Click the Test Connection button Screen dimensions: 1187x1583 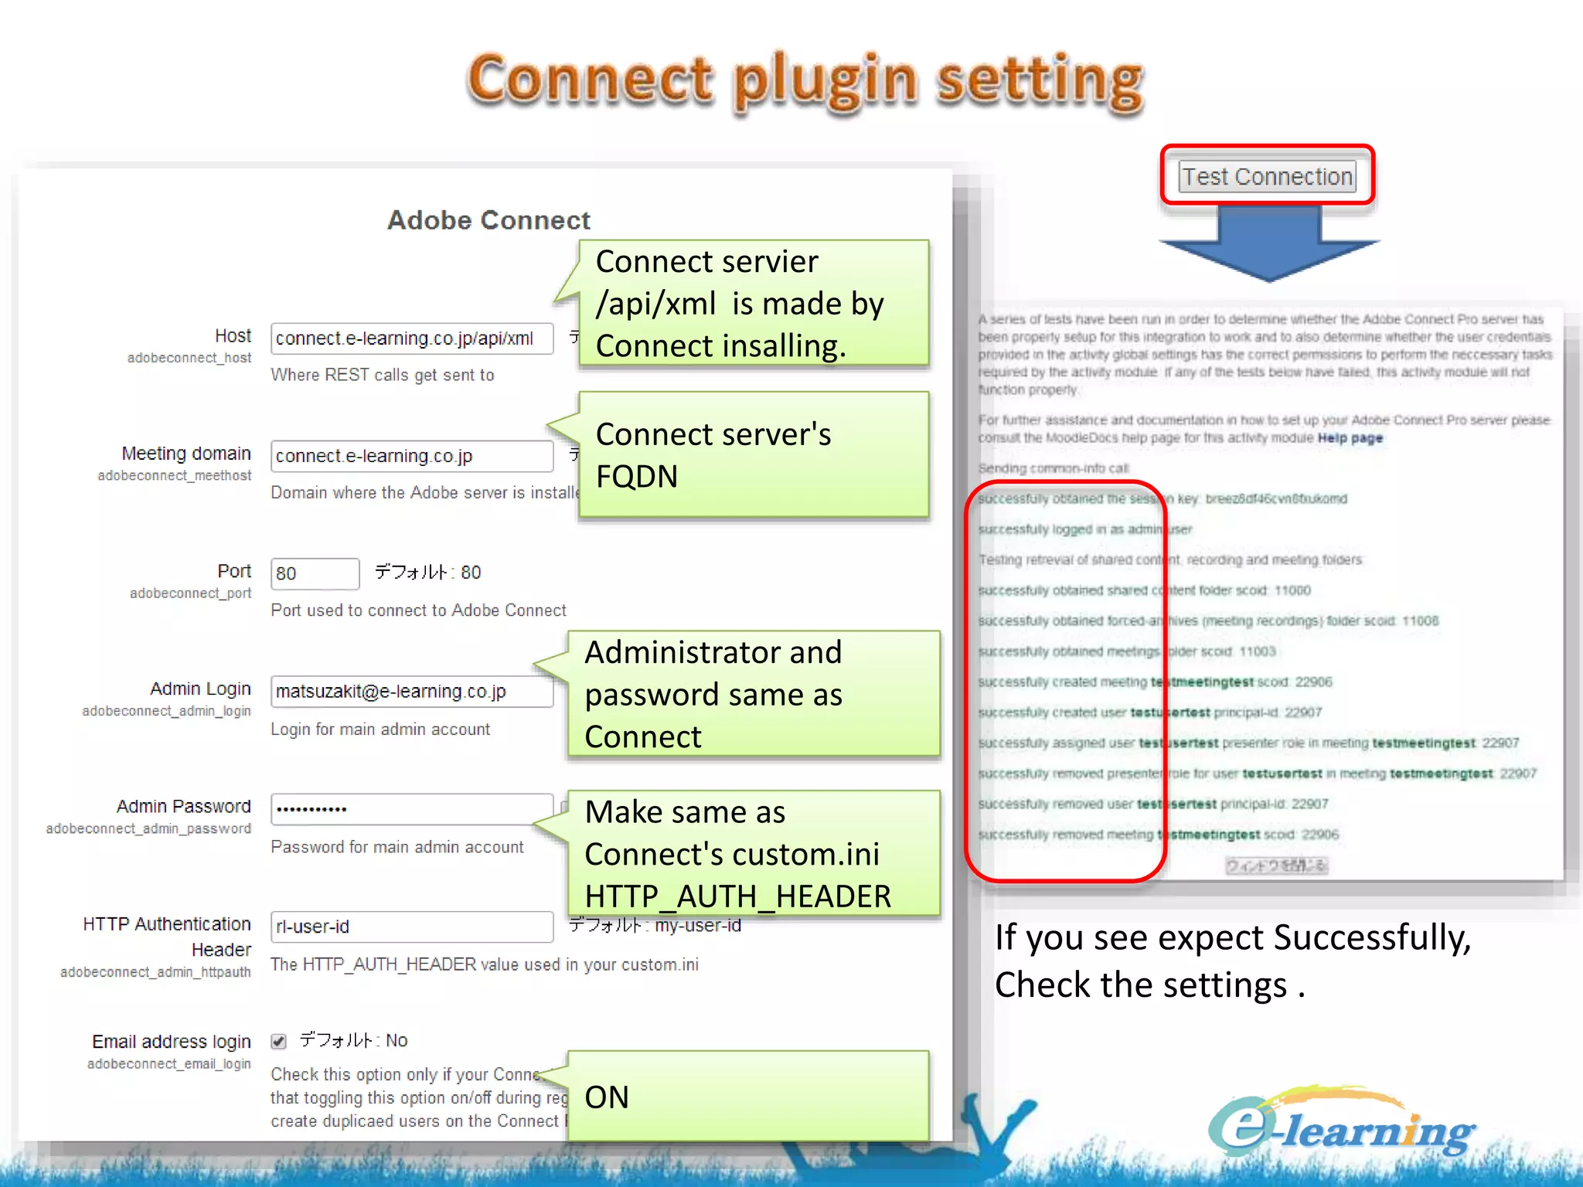(x=1267, y=176)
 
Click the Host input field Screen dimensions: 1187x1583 (x=411, y=338)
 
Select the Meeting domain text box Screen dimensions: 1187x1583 (x=411, y=456)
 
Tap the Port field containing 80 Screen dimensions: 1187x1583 (x=315, y=573)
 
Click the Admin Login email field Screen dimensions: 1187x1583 (x=411, y=691)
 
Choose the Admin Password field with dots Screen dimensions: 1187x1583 (x=411, y=809)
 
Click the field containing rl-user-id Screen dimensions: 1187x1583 (x=411, y=927)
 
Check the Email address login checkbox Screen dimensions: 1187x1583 (x=279, y=1041)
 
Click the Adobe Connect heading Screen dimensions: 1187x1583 (x=489, y=220)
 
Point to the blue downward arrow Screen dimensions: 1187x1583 (x=1268, y=243)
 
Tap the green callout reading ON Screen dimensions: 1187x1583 (x=747, y=1096)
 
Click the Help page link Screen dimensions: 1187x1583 (x=1350, y=438)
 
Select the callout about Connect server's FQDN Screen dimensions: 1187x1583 (x=753, y=454)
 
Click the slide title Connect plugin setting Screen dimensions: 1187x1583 (x=805, y=81)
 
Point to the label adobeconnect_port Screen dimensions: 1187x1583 (x=190, y=593)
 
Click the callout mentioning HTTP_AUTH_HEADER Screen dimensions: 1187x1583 (x=753, y=853)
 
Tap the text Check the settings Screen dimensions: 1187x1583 (x=1149, y=985)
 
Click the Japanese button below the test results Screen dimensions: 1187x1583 (x=1275, y=866)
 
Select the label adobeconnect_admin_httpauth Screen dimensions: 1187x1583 (x=155, y=972)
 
